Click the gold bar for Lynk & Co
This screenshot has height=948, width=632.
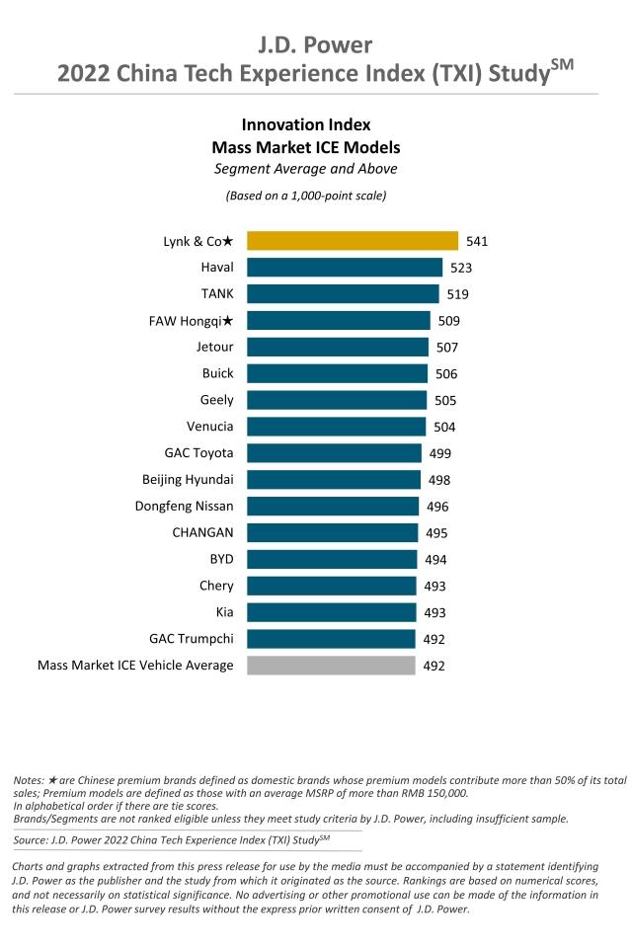point(353,240)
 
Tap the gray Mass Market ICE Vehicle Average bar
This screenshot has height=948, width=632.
point(331,666)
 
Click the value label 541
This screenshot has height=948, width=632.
point(478,241)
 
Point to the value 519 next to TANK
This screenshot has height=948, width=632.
point(457,294)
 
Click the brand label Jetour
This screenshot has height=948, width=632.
point(215,347)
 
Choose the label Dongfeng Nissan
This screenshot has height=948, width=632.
point(185,507)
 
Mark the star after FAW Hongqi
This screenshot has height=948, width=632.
point(228,320)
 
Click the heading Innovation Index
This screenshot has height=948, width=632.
point(306,125)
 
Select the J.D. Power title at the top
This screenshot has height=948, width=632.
point(316,44)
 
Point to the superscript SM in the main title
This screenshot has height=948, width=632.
point(561,65)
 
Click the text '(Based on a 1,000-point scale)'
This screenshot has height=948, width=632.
point(306,195)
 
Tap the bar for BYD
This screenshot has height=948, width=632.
point(332,560)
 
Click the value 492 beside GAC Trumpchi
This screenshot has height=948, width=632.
point(434,640)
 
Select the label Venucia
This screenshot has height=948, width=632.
point(210,427)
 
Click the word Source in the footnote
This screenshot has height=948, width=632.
point(34,839)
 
